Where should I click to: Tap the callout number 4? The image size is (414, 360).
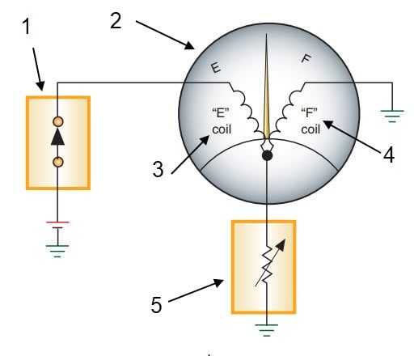[389, 154]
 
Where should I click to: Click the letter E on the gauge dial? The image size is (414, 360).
[216, 69]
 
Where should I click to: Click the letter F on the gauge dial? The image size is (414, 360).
[306, 58]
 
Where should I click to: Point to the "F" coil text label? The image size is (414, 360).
[310, 121]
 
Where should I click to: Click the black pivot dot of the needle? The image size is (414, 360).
[266, 155]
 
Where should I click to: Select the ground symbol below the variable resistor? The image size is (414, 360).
[266, 330]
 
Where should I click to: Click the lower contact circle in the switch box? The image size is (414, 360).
[58, 163]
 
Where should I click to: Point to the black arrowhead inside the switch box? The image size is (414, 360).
[58, 139]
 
